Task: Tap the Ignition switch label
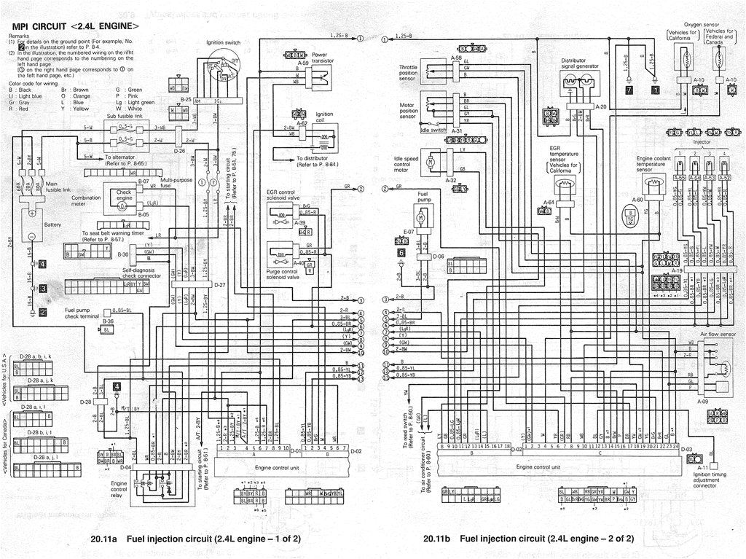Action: point(223,43)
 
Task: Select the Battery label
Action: point(53,224)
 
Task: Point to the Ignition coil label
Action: point(325,117)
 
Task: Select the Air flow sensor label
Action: point(717,332)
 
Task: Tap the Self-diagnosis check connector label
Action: point(141,273)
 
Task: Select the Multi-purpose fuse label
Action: point(176,182)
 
